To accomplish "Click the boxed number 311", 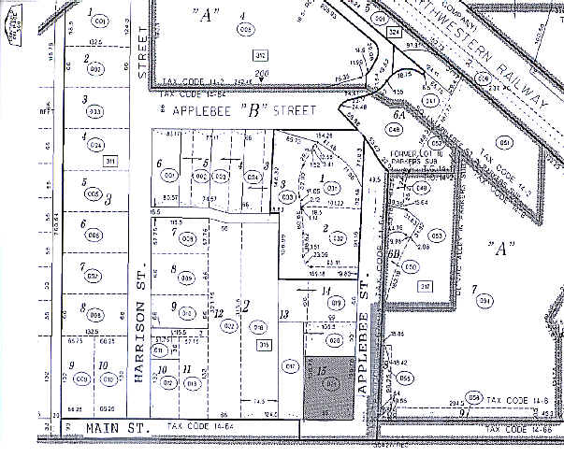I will [x=109, y=162].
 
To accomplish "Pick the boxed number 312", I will [x=261, y=56].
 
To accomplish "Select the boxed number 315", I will [x=264, y=344].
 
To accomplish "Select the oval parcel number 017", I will [x=290, y=365].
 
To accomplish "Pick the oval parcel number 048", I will [x=396, y=128].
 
